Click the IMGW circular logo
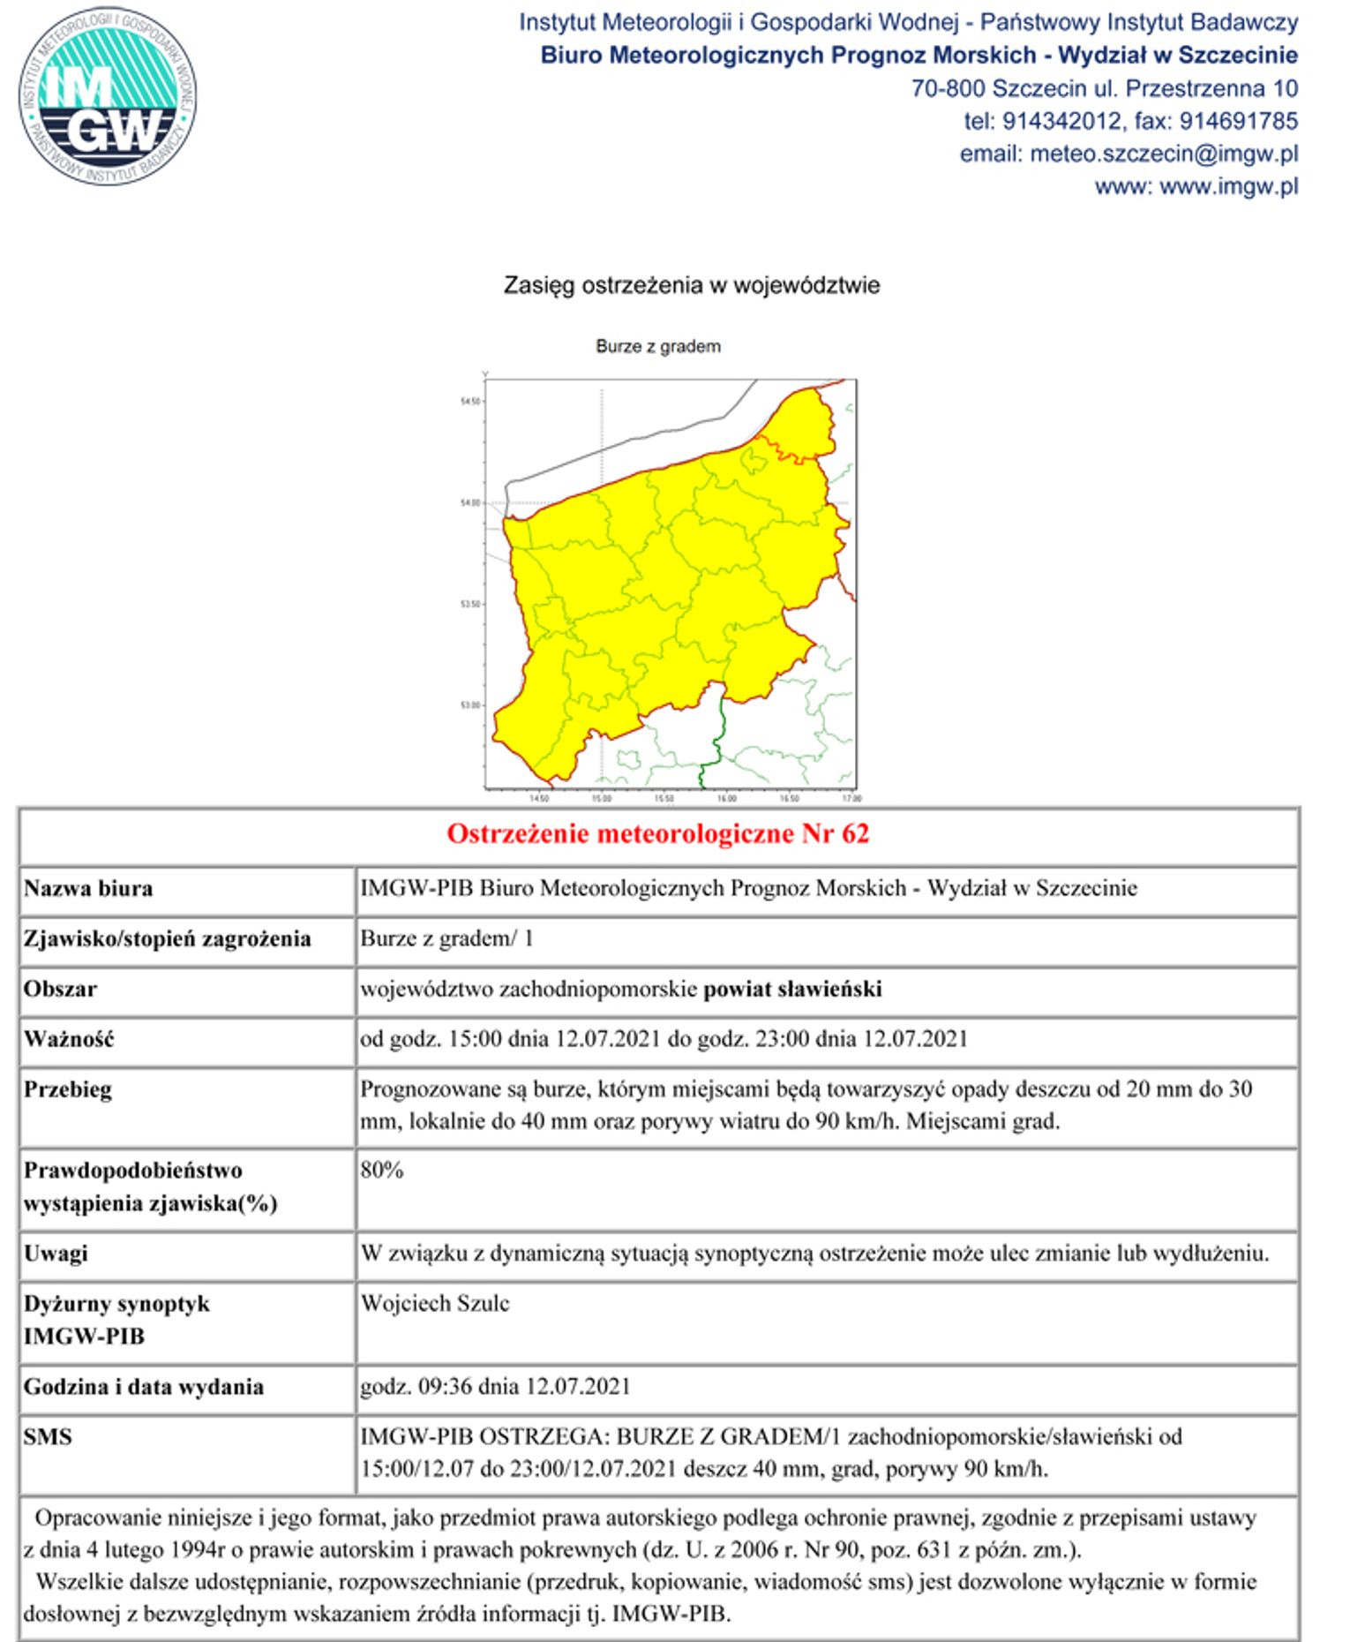107,96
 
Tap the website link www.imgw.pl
1228,186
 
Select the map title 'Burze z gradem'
657,346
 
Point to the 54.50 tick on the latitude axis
470,402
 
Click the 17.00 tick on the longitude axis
851,798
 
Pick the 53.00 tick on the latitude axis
470,705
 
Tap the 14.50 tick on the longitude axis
538,798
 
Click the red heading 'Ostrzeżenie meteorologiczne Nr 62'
657,833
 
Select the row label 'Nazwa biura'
88,888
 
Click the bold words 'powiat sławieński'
792,989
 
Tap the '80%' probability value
382,1171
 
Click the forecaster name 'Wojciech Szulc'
435,1304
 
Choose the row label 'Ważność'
69,1039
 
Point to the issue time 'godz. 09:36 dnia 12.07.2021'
495,1387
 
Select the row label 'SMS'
48,1437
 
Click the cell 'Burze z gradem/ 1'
446,938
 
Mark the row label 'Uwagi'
56,1254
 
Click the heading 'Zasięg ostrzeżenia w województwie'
691,285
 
